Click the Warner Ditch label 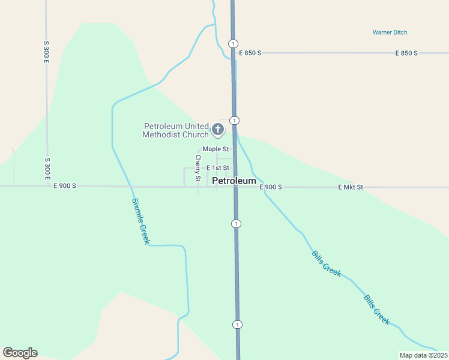pyautogui.click(x=390, y=32)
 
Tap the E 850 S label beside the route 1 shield pyautogui.click(x=250, y=53)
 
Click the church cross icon pyautogui.click(x=217, y=128)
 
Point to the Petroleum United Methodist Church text pyautogui.click(x=175, y=130)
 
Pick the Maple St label pyautogui.click(x=215, y=149)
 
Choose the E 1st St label pyautogui.click(x=217, y=169)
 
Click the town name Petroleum pyautogui.click(x=234, y=181)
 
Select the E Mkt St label pyautogui.click(x=351, y=187)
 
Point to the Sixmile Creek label pyautogui.click(x=140, y=221)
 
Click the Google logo pyautogui.click(x=20, y=353)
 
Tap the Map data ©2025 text pyautogui.click(x=424, y=355)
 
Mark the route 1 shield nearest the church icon pyautogui.click(x=234, y=121)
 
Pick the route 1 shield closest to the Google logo pyautogui.click(x=237, y=325)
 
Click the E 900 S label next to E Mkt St pyautogui.click(x=271, y=187)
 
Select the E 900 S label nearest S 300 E pyautogui.click(x=65, y=186)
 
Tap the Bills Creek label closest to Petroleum pyautogui.click(x=327, y=263)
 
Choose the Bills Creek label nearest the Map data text pyautogui.click(x=377, y=310)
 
